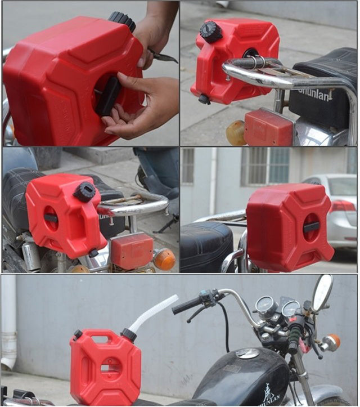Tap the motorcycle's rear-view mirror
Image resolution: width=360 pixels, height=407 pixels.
click(x=323, y=293)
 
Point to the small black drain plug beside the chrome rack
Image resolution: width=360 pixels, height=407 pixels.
click(x=204, y=100)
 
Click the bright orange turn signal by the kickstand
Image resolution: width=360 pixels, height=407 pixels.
click(x=164, y=260)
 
